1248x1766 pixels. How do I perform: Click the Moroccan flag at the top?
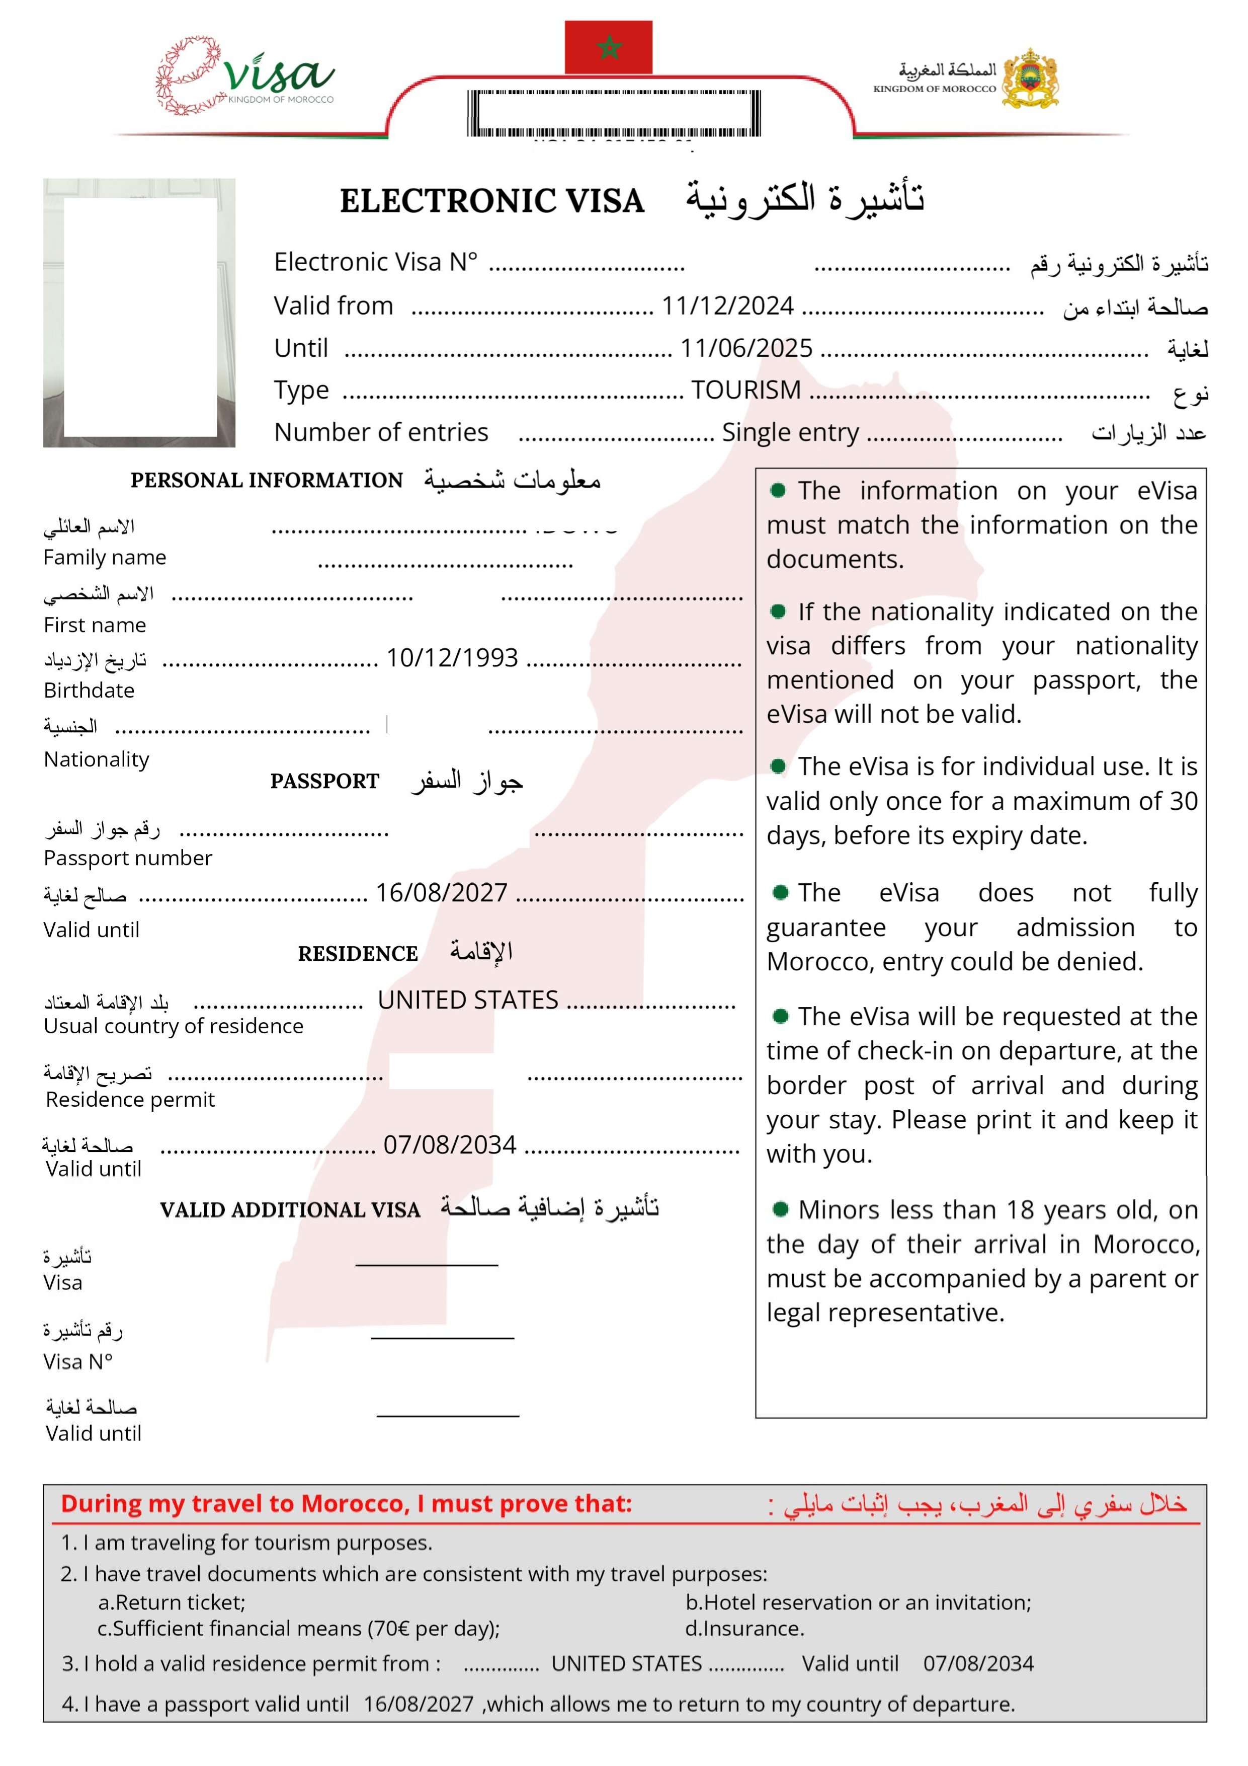tap(608, 48)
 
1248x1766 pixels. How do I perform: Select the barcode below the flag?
tap(614, 114)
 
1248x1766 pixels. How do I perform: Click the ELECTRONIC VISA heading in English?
tap(491, 201)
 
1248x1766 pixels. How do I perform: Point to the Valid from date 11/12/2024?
tap(727, 306)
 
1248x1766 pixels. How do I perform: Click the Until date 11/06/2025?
tap(746, 348)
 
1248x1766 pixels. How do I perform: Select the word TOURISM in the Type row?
tap(746, 391)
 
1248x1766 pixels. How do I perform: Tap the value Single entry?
tap(790, 433)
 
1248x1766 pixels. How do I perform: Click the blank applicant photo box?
tap(140, 317)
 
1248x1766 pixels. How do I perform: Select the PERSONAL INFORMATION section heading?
tap(266, 481)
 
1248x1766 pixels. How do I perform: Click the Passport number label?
tap(128, 859)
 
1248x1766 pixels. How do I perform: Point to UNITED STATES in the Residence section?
tap(467, 1001)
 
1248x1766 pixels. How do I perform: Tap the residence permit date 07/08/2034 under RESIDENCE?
tap(450, 1145)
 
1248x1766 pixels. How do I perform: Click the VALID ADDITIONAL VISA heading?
tap(290, 1211)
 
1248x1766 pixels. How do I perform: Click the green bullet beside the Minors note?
tap(781, 1210)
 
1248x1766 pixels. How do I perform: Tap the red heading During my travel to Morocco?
tap(346, 1504)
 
